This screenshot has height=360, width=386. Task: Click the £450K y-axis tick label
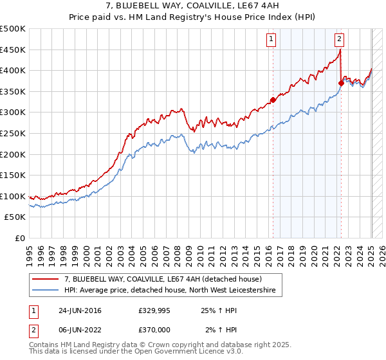point(14,50)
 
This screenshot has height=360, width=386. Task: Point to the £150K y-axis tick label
point(14,175)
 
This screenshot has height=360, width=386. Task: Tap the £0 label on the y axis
point(19,238)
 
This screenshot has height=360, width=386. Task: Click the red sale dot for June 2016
point(273,100)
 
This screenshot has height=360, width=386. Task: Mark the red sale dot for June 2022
point(340,82)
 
